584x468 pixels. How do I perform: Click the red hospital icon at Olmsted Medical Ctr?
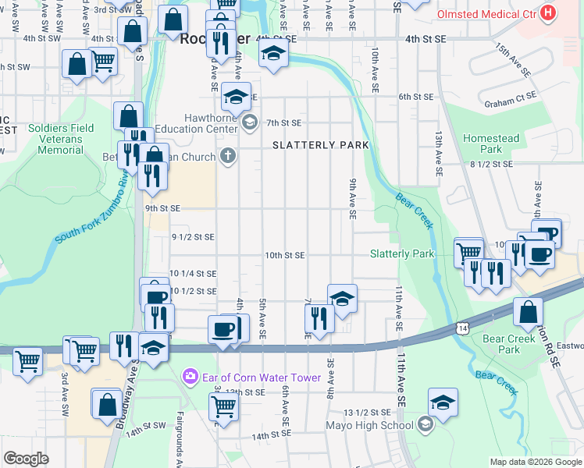(x=549, y=13)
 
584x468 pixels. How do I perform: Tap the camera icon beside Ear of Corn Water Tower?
(x=190, y=378)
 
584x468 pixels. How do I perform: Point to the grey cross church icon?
(x=227, y=157)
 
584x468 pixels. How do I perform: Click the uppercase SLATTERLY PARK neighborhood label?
(x=319, y=146)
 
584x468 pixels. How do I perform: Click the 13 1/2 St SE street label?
(x=369, y=412)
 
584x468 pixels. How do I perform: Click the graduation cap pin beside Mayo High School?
(x=443, y=403)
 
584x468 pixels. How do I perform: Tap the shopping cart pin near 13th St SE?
(x=223, y=406)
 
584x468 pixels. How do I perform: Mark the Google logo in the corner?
(x=26, y=459)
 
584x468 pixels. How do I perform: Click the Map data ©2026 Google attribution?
(x=535, y=462)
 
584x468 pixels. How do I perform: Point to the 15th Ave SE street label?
(x=512, y=60)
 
